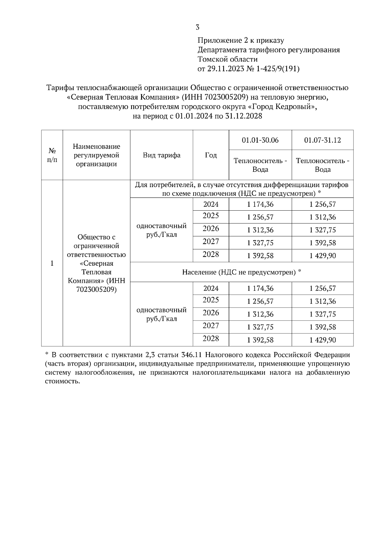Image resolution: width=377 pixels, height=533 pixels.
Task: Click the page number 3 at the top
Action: (x=198, y=27)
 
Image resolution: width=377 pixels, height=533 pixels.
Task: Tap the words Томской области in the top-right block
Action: (x=227, y=59)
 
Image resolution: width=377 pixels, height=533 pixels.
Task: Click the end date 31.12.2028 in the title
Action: (x=243, y=116)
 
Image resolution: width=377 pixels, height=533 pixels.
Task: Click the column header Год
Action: (x=211, y=155)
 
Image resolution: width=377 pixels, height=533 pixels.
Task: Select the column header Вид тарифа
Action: (x=161, y=155)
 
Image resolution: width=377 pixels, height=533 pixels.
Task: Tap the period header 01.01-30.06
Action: (x=260, y=140)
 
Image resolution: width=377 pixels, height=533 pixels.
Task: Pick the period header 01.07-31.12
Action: (x=322, y=140)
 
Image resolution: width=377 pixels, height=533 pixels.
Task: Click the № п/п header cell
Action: (x=52, y=155)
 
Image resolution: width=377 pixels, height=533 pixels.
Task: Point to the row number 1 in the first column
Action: (x=52, y=263)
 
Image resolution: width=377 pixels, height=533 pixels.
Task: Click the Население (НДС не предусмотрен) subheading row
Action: (x=242, y=272)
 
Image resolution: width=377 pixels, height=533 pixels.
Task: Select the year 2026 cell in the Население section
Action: (x=211, y=313)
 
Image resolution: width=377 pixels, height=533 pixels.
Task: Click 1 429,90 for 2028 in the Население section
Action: (x=322, y=340)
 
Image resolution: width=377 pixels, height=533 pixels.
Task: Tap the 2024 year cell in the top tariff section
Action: (x=211, y=204)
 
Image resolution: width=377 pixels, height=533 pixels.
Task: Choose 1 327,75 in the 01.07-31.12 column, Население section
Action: (x=322, y=314)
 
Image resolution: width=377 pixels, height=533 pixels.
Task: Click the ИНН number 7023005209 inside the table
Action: (x=96, y=289)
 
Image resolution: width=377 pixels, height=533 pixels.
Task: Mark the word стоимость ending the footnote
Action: (x=62, y=381)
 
